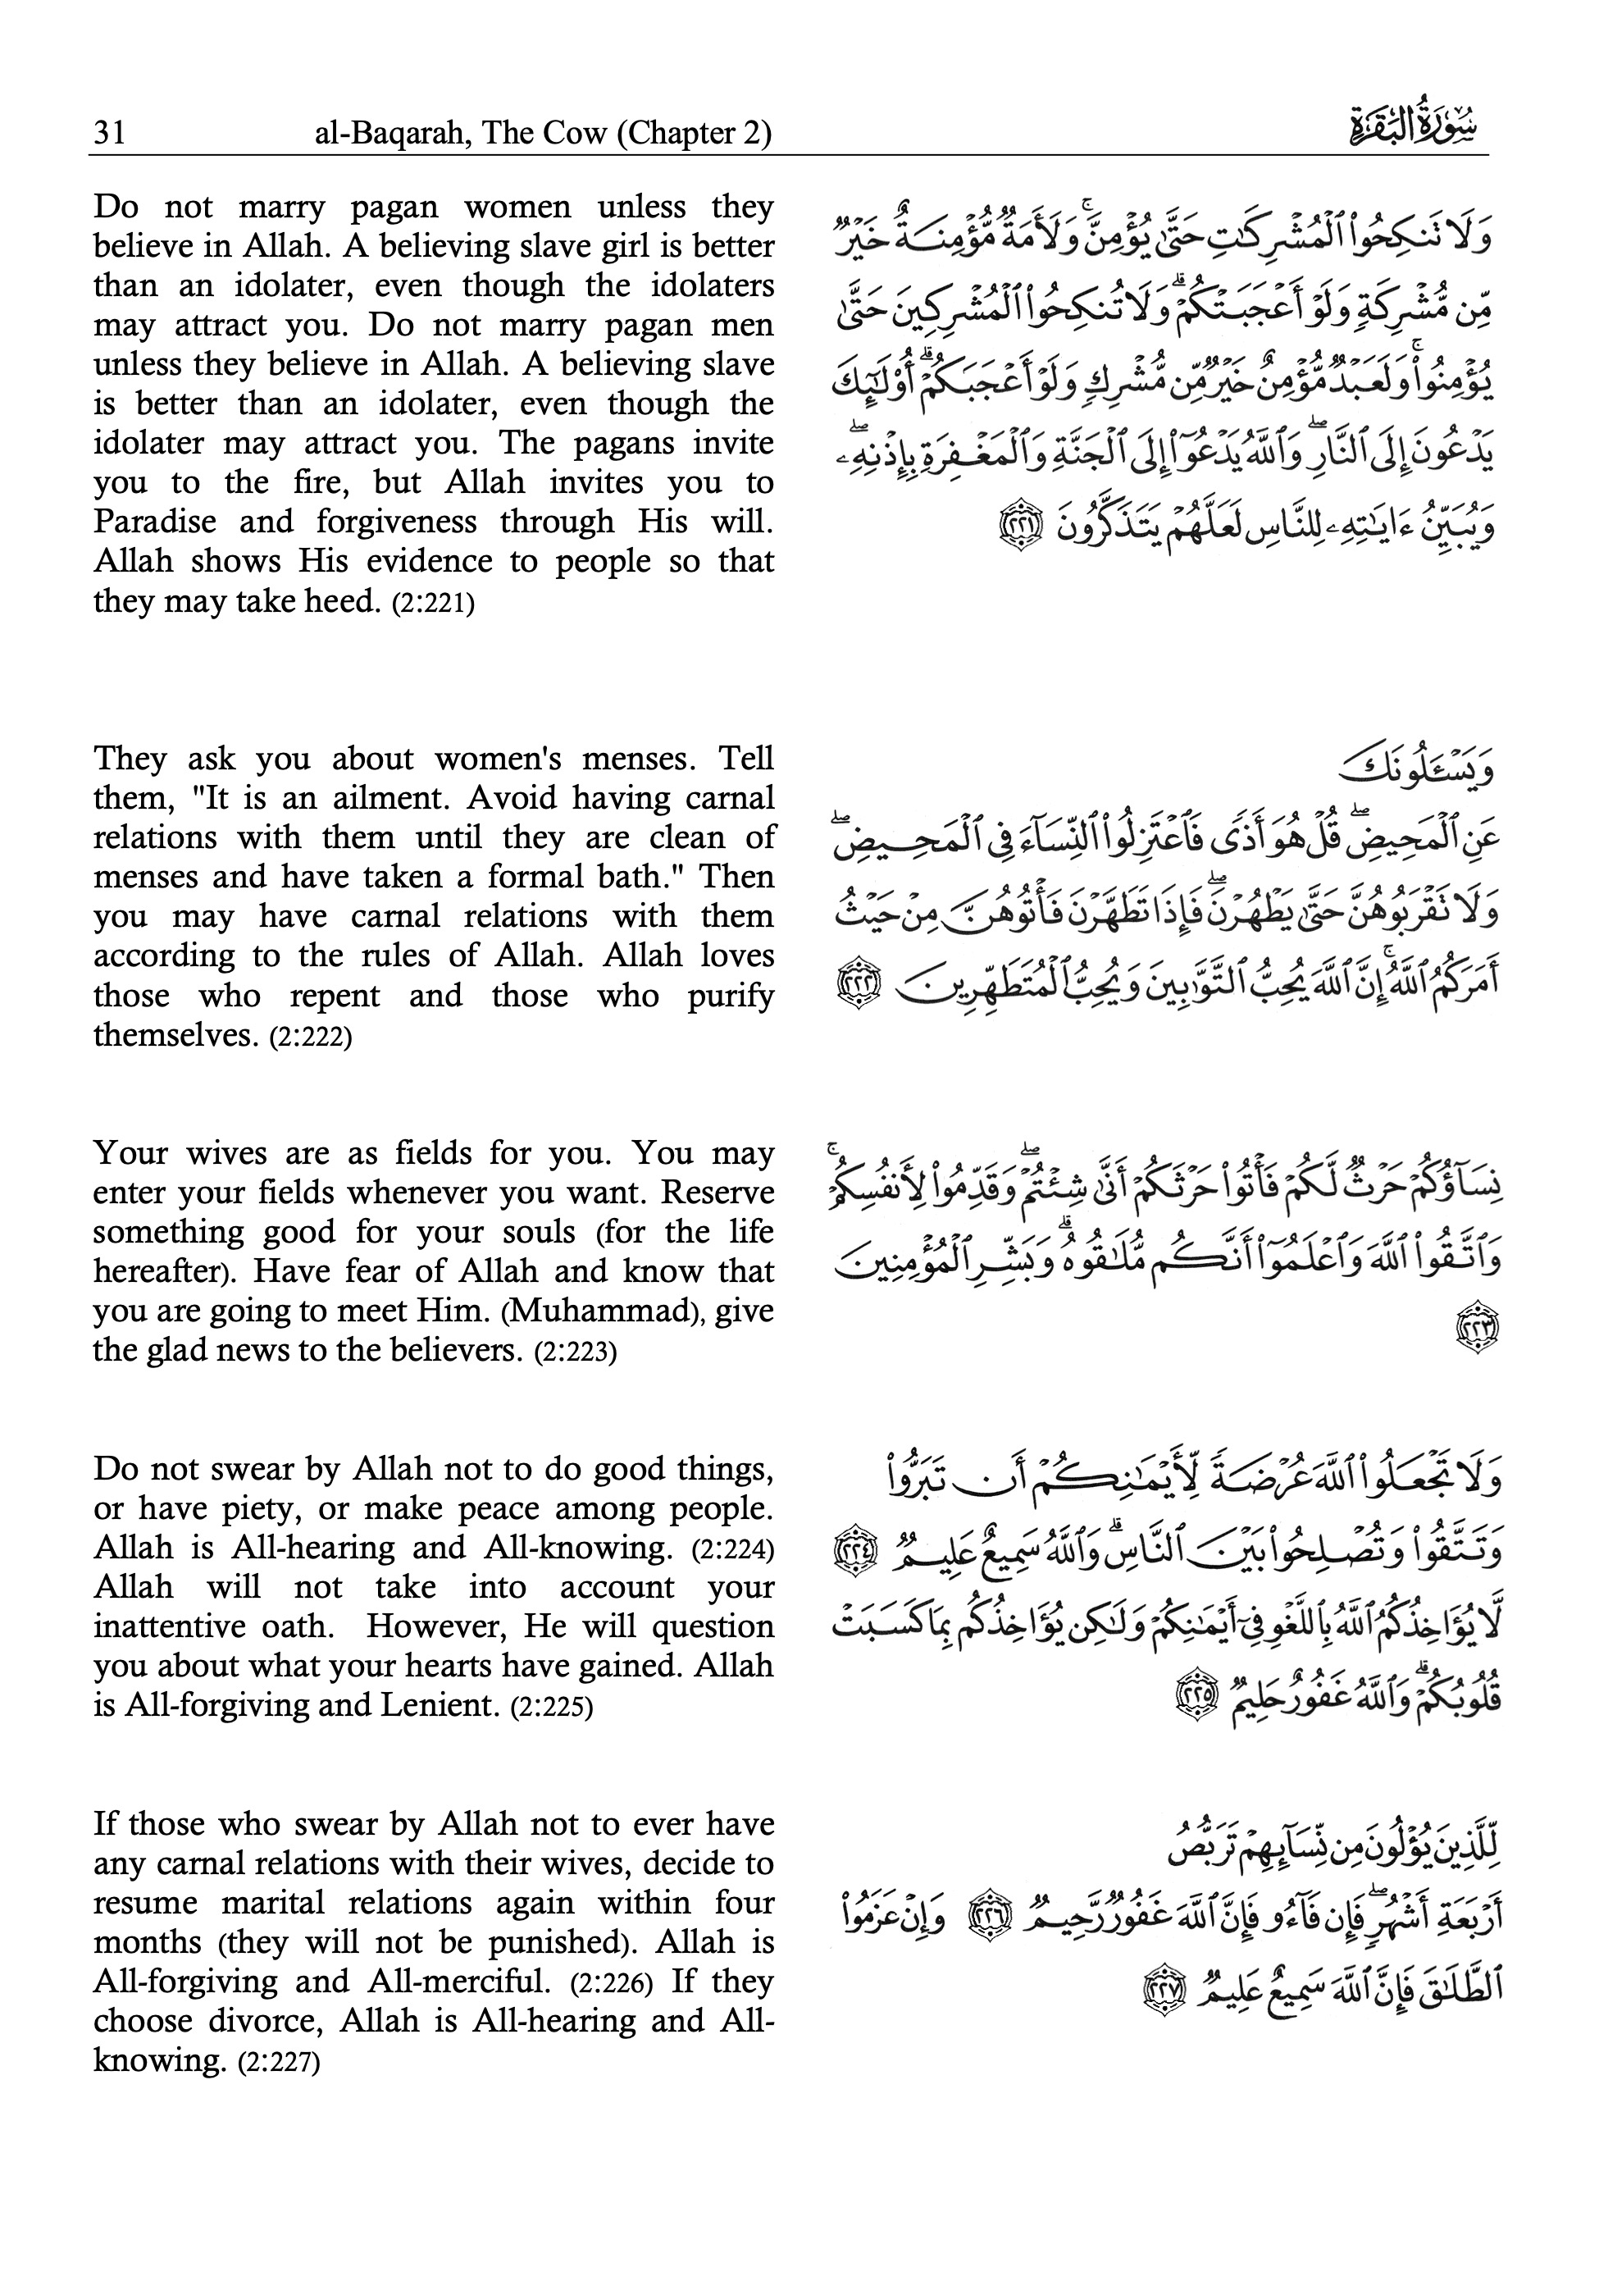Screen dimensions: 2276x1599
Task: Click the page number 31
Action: [109, 133]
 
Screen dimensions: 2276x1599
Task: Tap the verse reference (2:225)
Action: [551, 1707]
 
